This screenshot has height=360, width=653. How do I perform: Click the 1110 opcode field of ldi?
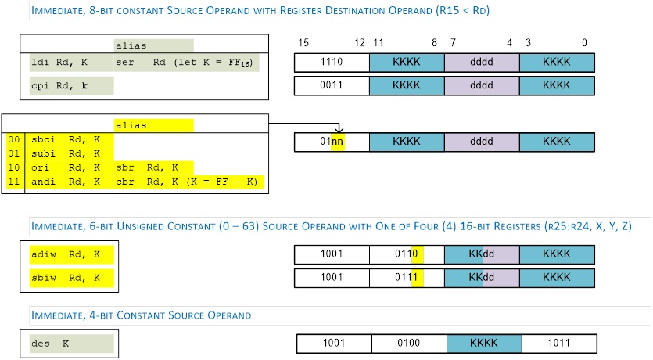point(332,62)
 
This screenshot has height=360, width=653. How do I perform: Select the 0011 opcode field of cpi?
point(332,85)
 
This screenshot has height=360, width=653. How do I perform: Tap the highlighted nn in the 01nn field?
point(337,142)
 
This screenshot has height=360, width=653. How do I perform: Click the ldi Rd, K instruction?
point(59,63)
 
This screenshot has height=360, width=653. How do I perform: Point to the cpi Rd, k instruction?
point(59,86)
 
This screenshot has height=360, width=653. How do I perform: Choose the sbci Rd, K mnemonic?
point(66,139)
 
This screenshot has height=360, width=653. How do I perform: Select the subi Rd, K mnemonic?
point(66,153)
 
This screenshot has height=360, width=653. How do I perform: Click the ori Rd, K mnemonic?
point(66,168)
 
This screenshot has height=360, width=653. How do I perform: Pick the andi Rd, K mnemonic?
point(66,182)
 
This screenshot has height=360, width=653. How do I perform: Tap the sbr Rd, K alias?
point(147,168)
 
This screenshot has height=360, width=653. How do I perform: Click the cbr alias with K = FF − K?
point(187,182)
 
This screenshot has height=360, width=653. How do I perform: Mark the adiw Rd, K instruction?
point(66,254)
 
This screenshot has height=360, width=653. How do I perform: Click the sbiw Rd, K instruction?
point(66,278)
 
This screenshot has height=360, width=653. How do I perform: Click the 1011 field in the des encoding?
point(559,344)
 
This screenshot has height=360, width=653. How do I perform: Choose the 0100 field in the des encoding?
point(409,344)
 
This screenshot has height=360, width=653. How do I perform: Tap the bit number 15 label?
point(303,43)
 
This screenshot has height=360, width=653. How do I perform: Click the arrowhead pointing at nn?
point(339,129)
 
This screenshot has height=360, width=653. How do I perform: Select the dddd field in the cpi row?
point(482,85)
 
